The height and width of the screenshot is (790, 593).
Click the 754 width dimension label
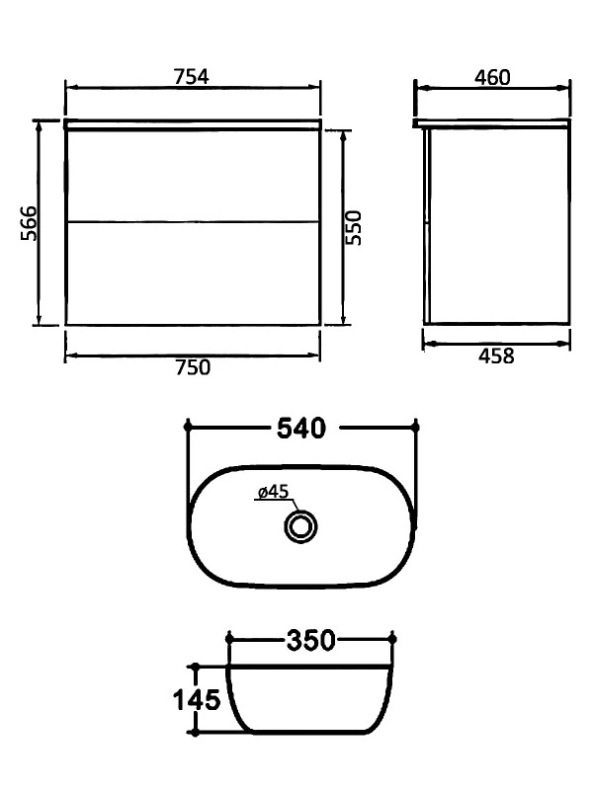tap(191, 77)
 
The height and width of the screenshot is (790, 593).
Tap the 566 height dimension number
tap(29, 223)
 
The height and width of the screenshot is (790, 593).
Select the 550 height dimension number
tap(354, 228)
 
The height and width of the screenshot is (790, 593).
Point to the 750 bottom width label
tap(193, 367)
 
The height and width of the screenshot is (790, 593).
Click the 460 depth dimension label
tap(492, 77)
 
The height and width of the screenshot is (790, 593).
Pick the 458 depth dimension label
tap(496, 355)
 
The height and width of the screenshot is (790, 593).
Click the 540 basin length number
tap(301, 429)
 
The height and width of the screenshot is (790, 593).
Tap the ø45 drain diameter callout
tap(273, 491)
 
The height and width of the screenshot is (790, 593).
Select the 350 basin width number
tap(310, 640)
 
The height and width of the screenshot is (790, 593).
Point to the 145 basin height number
tap(197, 700)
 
